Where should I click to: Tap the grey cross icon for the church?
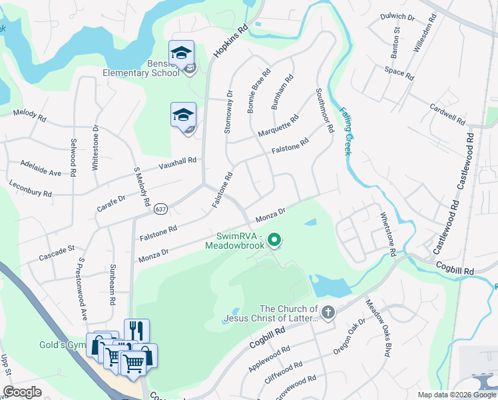[x=328, y=312]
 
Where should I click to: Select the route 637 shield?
[x=160, y=209]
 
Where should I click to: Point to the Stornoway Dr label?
[x=229, y=112]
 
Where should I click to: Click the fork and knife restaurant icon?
[x=136, y=330]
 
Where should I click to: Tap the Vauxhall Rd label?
[x=177, y=163]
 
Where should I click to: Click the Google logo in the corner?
[x=22, y=392]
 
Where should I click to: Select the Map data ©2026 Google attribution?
[x=456, y=395]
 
